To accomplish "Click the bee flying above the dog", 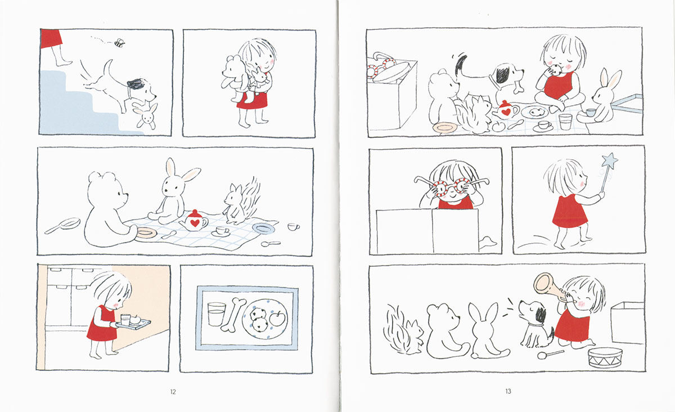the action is tap(120, 43).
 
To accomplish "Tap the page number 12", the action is tap(173, 392).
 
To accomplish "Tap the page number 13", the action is tap(508, 391).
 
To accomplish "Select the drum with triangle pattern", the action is tap(605, 358).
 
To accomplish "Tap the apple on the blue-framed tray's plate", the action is tap(277, 319).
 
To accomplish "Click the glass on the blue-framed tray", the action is tap(217, 314).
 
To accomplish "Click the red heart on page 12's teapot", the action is tap(195, 223).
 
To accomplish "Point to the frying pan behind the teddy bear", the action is tap(63, 226).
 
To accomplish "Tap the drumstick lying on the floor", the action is tap(550, 354).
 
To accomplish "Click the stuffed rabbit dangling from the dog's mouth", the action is tap(146, 116).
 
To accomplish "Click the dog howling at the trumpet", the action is tap(535, 324).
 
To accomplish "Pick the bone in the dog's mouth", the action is tap(518, 87).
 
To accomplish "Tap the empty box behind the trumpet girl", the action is tap(627, 323).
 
